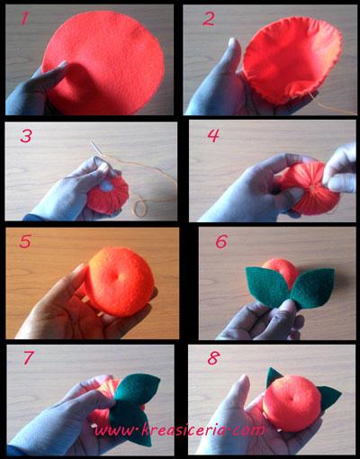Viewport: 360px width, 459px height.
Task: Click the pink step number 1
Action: [x=24, y=18]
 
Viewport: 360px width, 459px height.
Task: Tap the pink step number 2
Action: [x=209, y=18]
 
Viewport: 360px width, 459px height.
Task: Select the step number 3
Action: [x=26, y=136]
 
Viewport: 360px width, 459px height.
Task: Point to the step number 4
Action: [x=213, y=136]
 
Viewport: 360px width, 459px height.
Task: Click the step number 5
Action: [x=25, y=241]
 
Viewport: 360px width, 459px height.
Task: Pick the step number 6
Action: [x=221, y=241]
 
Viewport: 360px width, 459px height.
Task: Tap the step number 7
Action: [x=28, y=357]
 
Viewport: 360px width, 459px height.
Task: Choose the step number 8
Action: [x=213, y=358]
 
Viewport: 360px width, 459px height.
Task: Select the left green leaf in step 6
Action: [x=266, y=286]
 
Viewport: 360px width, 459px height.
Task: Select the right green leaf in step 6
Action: [x=312, y=288]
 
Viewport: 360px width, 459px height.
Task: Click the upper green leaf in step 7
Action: [x=137, y=386]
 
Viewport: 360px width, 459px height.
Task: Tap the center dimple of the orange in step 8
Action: [x=291, y=399]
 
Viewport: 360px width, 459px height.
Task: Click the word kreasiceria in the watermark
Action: [x=183, y=429]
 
